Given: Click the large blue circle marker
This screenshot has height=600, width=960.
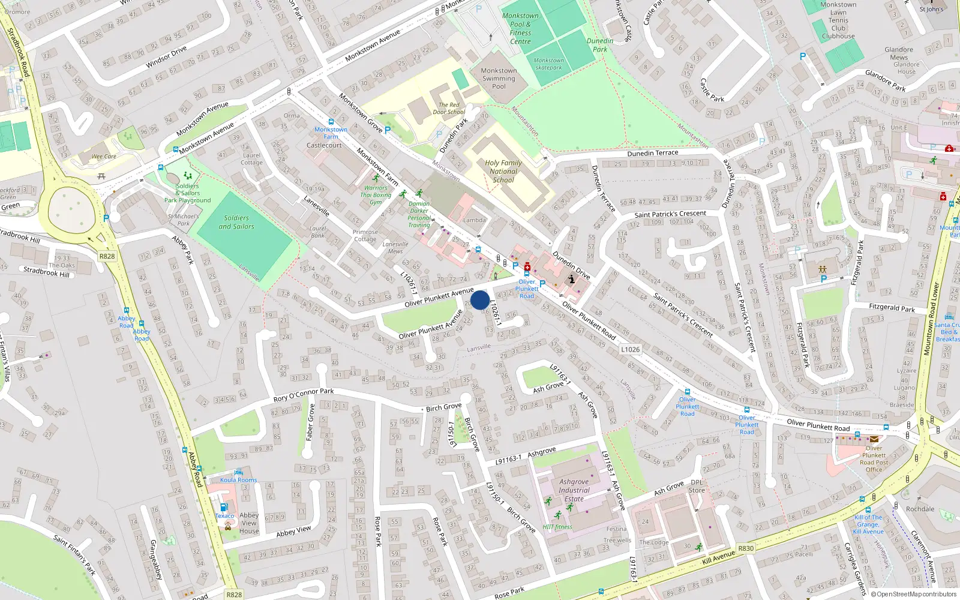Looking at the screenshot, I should (x=480, y=300).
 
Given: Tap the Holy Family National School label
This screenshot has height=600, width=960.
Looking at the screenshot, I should (x=503, y=171).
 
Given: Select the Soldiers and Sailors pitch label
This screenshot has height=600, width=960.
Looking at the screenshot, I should (x=236, y=222).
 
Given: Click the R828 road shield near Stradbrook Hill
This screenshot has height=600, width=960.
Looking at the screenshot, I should (x=107, y=256).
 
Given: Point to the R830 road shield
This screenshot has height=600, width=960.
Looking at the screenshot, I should (x=746, y=548).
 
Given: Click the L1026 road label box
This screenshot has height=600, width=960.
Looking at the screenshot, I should (x=630, y=349).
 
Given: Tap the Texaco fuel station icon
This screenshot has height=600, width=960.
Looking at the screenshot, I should (x=224, y=507).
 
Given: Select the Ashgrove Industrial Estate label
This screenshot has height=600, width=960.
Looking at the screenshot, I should (x=574, y=490).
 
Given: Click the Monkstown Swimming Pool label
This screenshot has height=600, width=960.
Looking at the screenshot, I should (x=499, y=79).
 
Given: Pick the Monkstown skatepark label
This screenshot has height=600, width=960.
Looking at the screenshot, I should (x=548, y=64).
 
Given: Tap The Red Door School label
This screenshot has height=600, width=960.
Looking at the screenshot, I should (x=448, y=109).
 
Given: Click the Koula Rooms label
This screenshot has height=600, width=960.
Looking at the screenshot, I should (x=238, y=480).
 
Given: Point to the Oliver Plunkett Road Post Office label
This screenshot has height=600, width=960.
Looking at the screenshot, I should (x=874, y=459).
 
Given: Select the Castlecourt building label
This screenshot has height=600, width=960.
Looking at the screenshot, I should (x=324, y=145).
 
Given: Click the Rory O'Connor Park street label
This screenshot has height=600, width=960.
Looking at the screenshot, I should (x=304, y=395).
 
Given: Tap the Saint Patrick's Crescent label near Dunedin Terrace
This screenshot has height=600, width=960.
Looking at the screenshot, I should (x=670, y=214).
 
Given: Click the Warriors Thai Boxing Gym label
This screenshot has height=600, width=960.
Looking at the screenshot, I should (x=376, y=195).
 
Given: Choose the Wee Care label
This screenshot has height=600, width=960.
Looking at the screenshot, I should (x=104, y=157).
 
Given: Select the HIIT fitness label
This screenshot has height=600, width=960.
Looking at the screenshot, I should (x=557, y=527).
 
